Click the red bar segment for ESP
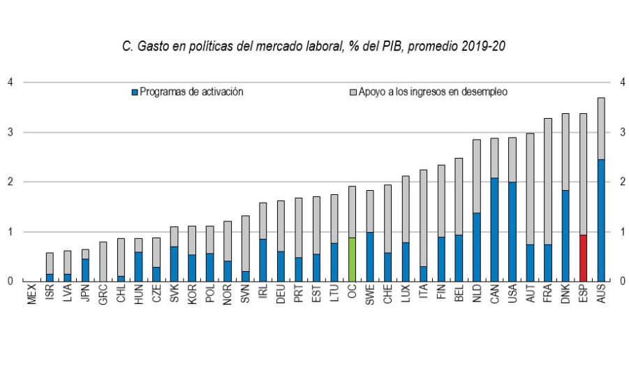[x=583, y=258]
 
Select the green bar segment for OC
[x=352, y=259]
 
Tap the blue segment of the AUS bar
[x=601, y=220]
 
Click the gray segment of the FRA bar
[x=547, y=181]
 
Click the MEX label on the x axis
[x=32, y=296]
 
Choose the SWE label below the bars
[x=370, y=296]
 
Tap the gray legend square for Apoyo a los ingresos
[x=353, y=92]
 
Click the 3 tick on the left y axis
[x=10, y=132]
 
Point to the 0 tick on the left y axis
[x=10, y=281]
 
